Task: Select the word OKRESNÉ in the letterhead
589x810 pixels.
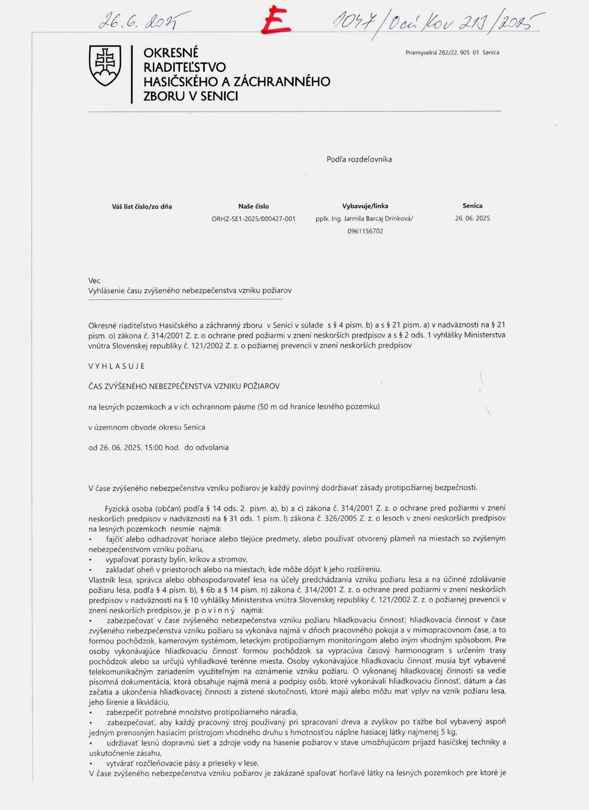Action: click(x=171, y=53)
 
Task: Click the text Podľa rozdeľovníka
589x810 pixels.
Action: click(x=359, y=159)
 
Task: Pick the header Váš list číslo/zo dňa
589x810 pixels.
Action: click(x=142, y=207)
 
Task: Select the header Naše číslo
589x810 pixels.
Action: click(x=253, y=206)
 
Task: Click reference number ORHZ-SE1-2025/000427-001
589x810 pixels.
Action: click(x=253, y=219)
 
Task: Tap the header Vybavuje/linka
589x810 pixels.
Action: click(x=365, y=206)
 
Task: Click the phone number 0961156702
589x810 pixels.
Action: click(x=365, y=231)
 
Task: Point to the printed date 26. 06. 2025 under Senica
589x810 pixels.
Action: click(x=472, y=218)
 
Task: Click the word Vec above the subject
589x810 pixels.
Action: click(x=94, y=281)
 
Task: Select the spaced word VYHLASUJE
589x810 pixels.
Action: click(x=117, y=366)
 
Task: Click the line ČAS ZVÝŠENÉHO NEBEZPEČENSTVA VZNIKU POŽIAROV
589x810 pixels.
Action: click(x=184, y=386)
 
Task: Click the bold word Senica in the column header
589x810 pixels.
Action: click(x=472, y=206)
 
